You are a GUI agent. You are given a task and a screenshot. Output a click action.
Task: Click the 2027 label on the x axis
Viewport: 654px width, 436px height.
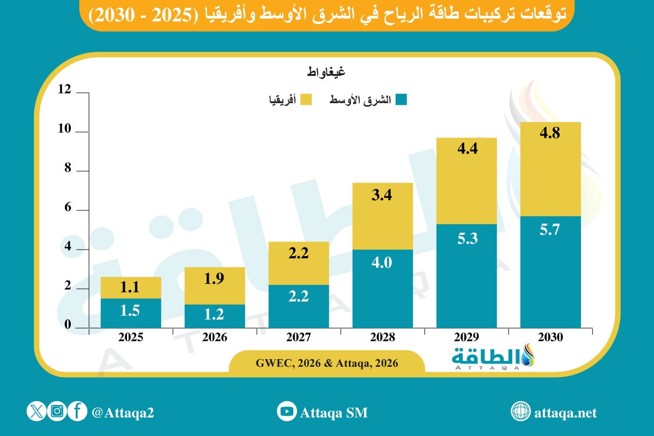pos(298,337)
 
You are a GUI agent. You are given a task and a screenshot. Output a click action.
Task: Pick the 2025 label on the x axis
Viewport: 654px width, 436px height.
pos(130,337)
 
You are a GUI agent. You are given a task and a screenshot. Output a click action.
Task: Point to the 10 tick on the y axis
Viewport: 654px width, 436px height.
pos(65,130)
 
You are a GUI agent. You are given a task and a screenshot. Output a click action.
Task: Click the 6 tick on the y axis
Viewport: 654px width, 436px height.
pos(68,208)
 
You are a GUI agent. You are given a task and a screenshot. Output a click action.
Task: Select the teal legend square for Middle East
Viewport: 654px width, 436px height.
pos(401,100)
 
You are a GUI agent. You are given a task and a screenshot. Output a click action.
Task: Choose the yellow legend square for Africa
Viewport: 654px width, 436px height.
pos(305,100)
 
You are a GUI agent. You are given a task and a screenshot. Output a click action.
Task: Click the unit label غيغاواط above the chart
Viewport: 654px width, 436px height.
pos(325,71)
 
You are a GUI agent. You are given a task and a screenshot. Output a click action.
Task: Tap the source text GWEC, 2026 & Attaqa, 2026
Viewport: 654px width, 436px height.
pos(326,363)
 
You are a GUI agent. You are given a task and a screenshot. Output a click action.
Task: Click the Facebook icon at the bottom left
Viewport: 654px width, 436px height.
pos(77,411)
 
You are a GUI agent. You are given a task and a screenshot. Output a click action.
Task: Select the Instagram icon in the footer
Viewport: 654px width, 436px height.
pos(57,411)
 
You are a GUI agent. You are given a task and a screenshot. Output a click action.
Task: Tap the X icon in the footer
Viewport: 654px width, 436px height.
pos(36,411)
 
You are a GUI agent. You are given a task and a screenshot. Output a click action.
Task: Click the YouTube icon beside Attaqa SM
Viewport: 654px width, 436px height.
pos(287,412)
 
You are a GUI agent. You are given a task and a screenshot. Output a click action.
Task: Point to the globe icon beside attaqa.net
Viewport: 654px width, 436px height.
pos(520,412)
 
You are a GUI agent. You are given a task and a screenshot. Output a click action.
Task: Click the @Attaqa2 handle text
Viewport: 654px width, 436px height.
pos(123,413)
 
